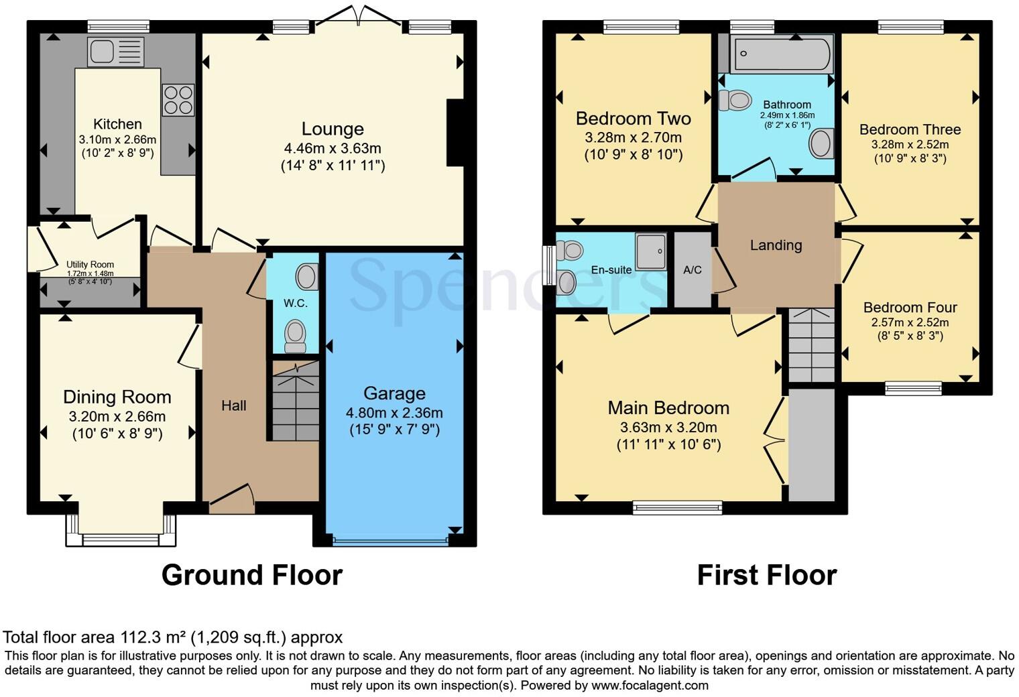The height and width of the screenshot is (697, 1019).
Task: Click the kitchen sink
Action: [x=115, y=52]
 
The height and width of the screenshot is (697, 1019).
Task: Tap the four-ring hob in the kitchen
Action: [x=178, y=100]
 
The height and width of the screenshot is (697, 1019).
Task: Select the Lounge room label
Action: [x=333, y=129]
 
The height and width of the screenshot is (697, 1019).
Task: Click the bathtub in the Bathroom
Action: [x=782, y=54]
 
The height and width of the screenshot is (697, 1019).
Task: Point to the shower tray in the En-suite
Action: [x=651, y=252]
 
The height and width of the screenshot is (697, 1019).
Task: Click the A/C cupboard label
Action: [x=693, y=270]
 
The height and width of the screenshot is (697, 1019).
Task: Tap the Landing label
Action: [x=776, y=245]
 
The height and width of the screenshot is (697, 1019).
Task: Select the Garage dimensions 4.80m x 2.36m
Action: [x=394, y=413]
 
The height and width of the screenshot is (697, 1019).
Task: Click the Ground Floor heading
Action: [x=252, y=575]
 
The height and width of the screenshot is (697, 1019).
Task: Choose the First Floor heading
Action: [x=767, y=575]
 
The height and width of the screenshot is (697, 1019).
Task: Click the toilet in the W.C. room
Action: [x=295, y=336]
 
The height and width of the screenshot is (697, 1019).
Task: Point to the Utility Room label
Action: [x=90, y=265]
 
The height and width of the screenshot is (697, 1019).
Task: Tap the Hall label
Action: [x=234, y=405]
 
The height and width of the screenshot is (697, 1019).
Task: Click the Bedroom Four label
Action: [x=910, y=308]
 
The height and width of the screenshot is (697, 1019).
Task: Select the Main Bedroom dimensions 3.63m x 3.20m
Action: [x=669, y=428]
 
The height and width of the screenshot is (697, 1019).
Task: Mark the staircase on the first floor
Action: [x=812, y=345]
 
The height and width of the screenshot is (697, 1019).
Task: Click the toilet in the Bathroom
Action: [x=735, y=100]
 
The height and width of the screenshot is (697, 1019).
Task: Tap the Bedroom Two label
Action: [x=634, y=119]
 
